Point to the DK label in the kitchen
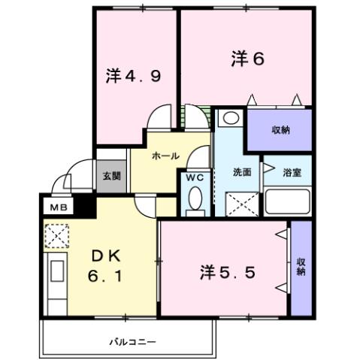pyautogui.click(x=102, y=256)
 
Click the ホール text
pyautogui.click(x=165, y=156)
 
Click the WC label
pyautogui.click(x=195, y=178)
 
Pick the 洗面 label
pyautogui.click(x=241, y=171)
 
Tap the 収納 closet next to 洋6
pyautogui.click(x=280, y=130)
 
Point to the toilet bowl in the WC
pyautogui.click(x=195, y=200)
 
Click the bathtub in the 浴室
pyautogui.click(x=288, y=202)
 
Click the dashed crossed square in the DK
pyautogui.click(x=56, y=236)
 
